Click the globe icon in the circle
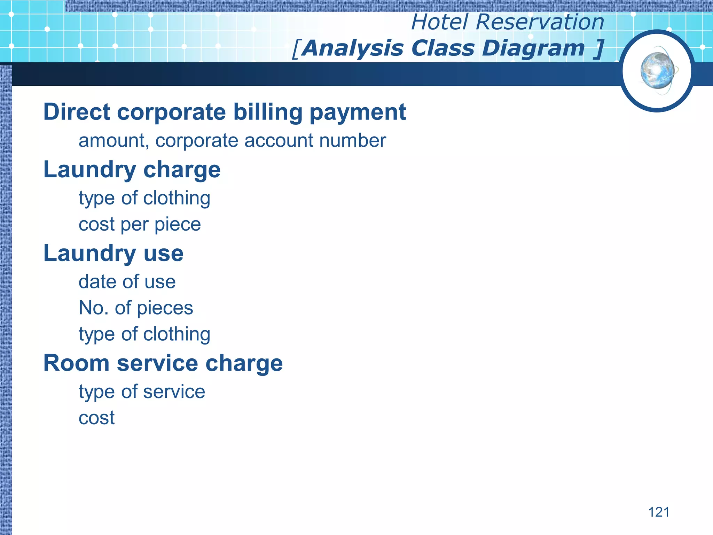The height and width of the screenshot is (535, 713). pyautogui.click(x=657, y=71)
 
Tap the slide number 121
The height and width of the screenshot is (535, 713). pyautogui.click(x=659, y=512)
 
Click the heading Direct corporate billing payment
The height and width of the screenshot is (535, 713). pyautogui.click(x=225, y=112)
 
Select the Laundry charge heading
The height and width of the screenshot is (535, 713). pyautogui.click(x=132, y=170)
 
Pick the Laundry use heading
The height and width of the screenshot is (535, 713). pyautogui.click(x=113, y=253)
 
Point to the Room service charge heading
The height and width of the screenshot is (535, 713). pyautogui.click(x=163, y=363)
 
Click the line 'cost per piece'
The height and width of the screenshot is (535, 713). pyautogui.click(x=140, y=224)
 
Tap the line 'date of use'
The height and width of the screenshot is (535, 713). pyautogui.click(x=127, y=282)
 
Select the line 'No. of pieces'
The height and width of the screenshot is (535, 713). pyautogui.click(x=136, y=308)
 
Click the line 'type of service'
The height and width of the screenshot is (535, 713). pyautogui.click(x=142, y=392)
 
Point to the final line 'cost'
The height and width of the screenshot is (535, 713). pyautogui.click(x=96, y=418)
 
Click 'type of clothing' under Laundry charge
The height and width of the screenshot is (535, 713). pyautogui.click(x=144, y=199)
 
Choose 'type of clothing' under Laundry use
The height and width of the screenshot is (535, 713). pyautogui.click(x=144, y=334)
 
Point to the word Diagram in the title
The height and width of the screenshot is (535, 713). pyautogui.click(x=533, y=48)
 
